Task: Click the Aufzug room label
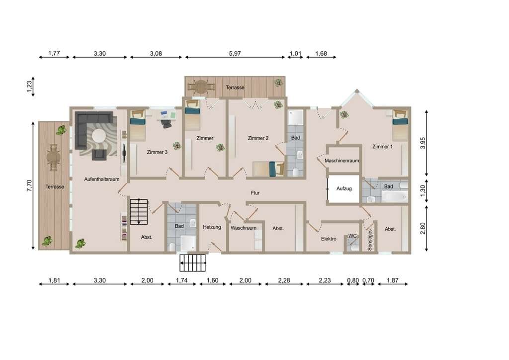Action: (x=344, y=188)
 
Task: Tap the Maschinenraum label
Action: (x=342, y=161)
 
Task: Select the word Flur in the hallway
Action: (x=255, y=193)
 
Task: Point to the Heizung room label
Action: (x=212, y=227)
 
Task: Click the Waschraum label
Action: (x=244, y=228)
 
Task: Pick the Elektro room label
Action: (x=329, y=239)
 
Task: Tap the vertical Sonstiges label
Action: (x=370, y=240)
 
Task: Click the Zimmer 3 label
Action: (x=157, y=152)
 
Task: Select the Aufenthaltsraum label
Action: (x=101, y=179)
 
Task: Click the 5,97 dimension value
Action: (x=235, y=54)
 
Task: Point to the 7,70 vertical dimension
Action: (x=29, y=185)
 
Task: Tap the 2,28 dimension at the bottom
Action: (x=284, y=280)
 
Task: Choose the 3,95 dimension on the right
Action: (x=423, y=143)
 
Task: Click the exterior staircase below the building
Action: (x=193, y=263)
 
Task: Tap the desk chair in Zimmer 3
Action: (x=166, y=124)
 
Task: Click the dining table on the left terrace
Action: (x=54, y=158)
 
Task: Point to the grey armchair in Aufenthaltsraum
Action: (x=99, y=155)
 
